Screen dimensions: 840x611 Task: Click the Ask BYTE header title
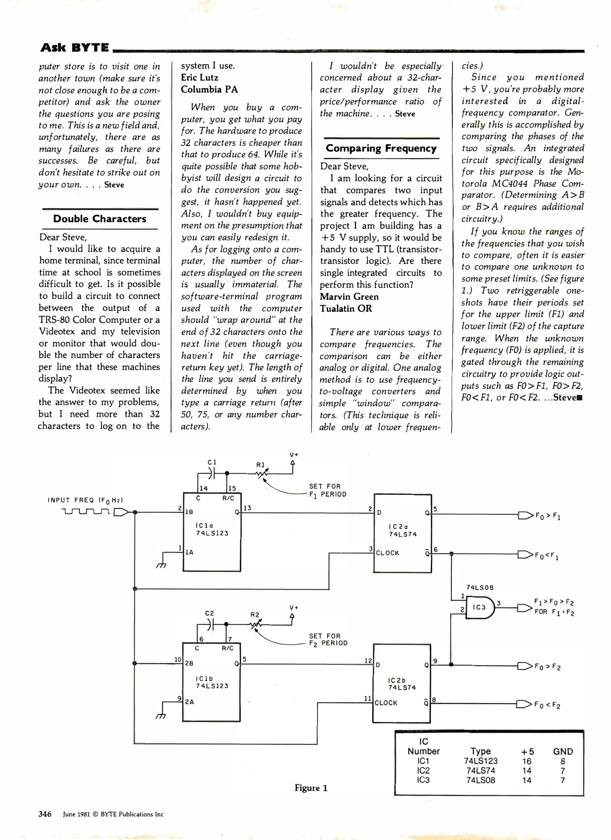click(75, 47)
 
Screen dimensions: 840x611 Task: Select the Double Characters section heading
click(100, 219)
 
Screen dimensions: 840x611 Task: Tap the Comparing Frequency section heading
click(381, 148)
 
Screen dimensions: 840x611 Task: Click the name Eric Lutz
click(200, 77)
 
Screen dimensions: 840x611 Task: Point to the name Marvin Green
click(349, 297)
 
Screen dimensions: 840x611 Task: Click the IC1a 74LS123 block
click(212, 532)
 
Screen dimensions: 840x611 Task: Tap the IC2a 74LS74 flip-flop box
click(403, 533)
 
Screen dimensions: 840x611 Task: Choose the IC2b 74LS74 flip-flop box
click(402, 683)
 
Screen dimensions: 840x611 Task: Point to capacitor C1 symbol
click(211, 473)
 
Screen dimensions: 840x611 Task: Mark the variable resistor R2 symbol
click(255, 625)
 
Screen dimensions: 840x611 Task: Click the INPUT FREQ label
click(85, 500)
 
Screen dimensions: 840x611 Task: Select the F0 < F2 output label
click(547, 705)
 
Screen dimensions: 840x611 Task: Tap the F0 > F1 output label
click(548, 516)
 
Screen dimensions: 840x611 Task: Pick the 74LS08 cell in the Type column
click(480, 780)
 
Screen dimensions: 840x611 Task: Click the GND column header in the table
click(563, 751)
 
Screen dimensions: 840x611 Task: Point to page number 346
click(45, 814)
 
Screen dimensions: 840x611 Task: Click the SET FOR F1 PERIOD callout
click(327, 490)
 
